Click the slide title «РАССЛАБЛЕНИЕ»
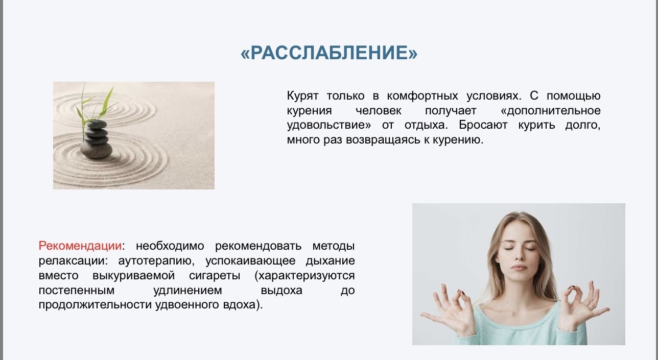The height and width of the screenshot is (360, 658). pyautogui.click(x=329, y=53)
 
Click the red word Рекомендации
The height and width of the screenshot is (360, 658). pyautogui.click(x=80, y=246)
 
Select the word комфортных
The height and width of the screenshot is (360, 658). pyautogui.click(x=422, y=96)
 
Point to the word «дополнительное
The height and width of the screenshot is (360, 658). pyautogui.click(x=551, y=111)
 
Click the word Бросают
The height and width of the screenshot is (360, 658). pyautogui.click(x=483, y=125)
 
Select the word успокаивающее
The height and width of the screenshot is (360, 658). pyautogui.click(x=250, y=261)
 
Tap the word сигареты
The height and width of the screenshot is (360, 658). pyautogui.click(x=215, y=276)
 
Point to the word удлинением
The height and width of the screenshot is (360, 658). pyautogui.click(x=187, y=291)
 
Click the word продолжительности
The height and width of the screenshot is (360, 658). pyautogui.click(x=95, y=305)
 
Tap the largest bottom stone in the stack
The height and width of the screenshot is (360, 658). pyautogui.click(x=96, y=150)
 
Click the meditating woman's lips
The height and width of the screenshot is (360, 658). pyautogui.click(x=520, y=267)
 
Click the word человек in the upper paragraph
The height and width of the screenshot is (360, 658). pyautogui.click(x=379, y=111)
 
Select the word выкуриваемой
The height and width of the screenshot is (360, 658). pyautogui.click(x=134, y=276)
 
